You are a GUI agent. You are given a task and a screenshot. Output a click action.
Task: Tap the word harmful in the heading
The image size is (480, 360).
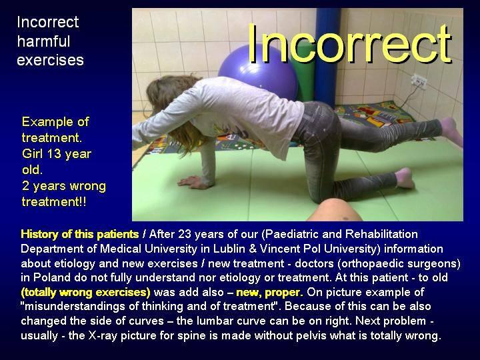pos(44,41)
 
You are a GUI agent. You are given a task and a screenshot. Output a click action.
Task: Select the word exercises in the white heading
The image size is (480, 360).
pos(50,60)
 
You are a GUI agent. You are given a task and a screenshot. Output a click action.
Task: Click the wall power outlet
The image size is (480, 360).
pos(419,81)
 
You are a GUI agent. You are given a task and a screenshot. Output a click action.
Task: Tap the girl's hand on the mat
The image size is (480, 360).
pos(192,182)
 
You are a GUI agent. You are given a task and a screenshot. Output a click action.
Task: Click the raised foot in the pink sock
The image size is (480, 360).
pos(451,131)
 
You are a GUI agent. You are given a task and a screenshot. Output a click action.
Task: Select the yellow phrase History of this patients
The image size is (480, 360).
pos(79,234)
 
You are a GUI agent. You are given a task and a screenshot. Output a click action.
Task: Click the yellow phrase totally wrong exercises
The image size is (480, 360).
pos(86,293)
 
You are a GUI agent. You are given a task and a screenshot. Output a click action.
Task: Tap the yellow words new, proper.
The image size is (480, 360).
pos(269,293)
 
